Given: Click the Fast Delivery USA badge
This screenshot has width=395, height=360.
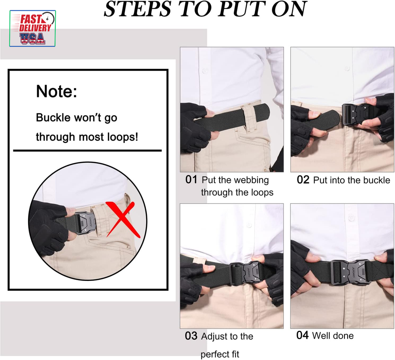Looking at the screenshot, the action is pos(32,28).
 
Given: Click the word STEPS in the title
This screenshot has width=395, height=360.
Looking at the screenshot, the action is pos(137,9).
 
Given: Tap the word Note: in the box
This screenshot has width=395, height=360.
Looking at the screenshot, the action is pos(56,91).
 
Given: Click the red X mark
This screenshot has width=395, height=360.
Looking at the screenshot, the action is pos(123,219).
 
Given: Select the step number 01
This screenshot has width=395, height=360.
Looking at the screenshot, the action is pos(191,180).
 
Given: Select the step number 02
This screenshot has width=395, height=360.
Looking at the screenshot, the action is pos(303,180).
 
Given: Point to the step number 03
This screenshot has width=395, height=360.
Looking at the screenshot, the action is pos(191,336).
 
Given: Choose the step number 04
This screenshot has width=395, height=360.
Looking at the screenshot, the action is pos(302,335).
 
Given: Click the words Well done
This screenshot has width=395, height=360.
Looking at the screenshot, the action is pos(333,335).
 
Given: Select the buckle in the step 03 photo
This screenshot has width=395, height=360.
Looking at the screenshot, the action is pos(247,273).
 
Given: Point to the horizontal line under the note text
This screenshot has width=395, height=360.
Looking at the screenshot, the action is pos(87,151).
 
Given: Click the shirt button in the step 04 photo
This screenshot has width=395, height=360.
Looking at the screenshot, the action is pos(351,218).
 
